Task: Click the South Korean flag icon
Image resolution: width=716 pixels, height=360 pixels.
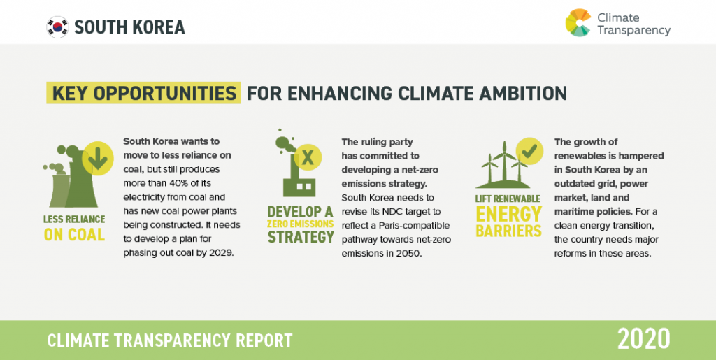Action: [x=57, y=27]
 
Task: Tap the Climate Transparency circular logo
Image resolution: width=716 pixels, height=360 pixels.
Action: [x=578, y=23]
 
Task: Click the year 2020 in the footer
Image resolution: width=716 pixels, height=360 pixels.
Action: [x=644, y=340]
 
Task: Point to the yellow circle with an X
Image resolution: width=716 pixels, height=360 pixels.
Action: [x=308, y=157]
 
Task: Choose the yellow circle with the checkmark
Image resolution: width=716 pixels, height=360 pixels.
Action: [x=529, y=152]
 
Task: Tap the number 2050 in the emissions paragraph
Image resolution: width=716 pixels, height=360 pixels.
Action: [x=409, y=253]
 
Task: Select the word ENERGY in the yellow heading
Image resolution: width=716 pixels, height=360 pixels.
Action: [x=509, y=215]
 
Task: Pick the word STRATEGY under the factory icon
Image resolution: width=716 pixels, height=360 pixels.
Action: [x=301, y=237]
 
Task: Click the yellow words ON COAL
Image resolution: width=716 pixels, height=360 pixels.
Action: [x=74, y=235]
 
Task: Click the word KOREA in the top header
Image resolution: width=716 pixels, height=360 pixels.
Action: [x=159, y=27]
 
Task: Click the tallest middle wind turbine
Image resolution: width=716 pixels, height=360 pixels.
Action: [x=505, y=162]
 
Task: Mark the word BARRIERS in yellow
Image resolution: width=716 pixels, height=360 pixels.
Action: [x=509, y=231]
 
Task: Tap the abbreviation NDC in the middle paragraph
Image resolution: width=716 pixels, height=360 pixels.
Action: [x=403, y=212]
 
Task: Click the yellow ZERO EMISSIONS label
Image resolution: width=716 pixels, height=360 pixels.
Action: [x=301, y=224]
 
